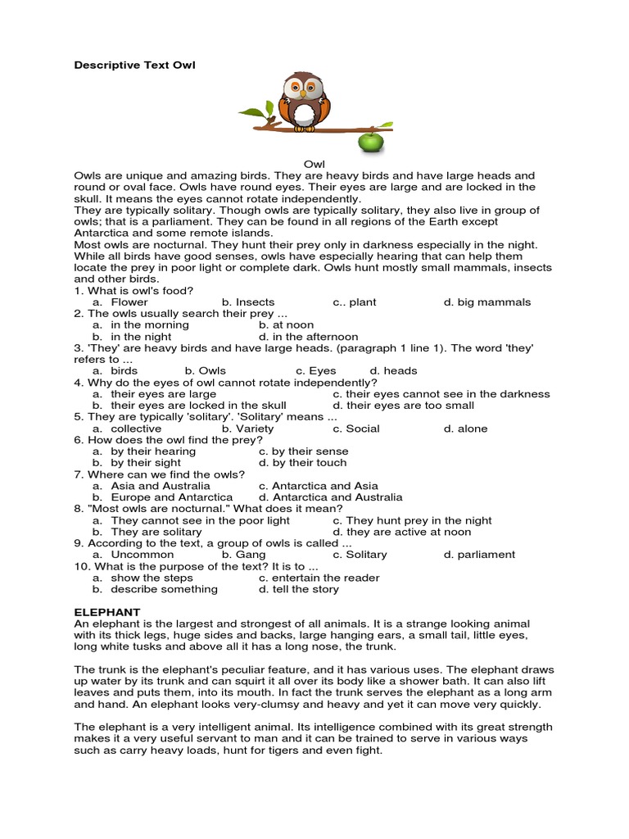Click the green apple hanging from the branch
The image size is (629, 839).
(370, 143)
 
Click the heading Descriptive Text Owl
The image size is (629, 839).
(135, 65)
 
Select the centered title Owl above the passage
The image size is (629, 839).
(314, 165)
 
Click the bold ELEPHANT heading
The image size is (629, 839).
(107, 612)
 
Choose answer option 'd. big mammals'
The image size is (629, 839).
(486, 302)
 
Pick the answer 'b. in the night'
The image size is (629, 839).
(132, 337)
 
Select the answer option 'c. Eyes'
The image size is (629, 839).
(316, 371)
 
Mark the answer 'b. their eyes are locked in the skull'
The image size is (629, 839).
(189, 406)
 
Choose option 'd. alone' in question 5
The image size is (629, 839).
(465, 429)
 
